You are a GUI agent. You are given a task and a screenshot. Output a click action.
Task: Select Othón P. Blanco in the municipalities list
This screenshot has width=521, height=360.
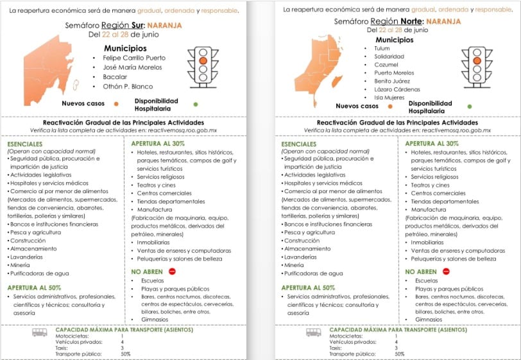(x=129, y=87)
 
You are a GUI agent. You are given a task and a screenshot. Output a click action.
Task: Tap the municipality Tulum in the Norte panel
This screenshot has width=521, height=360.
(x=382, y=48)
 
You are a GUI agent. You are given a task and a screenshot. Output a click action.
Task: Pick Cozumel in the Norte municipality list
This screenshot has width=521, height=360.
(x=386, y=65)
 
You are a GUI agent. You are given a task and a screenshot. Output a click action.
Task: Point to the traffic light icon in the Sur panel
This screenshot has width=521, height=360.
(x=203, y=66)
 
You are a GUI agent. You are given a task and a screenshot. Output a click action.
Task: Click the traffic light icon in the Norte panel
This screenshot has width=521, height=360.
(x=476, y=67)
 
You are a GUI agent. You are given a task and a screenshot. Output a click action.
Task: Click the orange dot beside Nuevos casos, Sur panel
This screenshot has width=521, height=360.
(x=116, y=103)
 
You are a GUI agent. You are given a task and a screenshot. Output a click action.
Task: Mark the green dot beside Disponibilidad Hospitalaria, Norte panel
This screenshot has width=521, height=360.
(x=469, y=106)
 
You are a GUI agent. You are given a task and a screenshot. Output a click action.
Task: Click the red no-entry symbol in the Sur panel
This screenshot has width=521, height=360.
(x=172, y=271)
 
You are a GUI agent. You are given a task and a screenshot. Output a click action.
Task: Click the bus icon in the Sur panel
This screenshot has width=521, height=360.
(x=40, y=332)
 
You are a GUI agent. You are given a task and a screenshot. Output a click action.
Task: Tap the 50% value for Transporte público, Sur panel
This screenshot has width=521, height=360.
(x=126, y=354)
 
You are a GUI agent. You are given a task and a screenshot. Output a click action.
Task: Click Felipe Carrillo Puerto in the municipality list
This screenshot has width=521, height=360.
(x=133, y=58)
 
